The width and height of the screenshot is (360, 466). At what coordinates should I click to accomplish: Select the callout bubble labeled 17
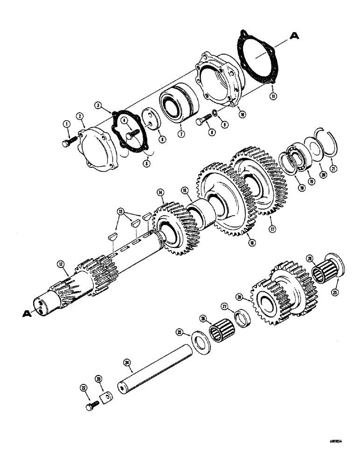pyautogui.click(x=272, y=229)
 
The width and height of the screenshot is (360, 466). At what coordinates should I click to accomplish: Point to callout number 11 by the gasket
pyautogui.click(x=273, y=96)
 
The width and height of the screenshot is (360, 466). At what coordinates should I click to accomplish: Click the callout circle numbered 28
pyautogui.click(x=239, y=296)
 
